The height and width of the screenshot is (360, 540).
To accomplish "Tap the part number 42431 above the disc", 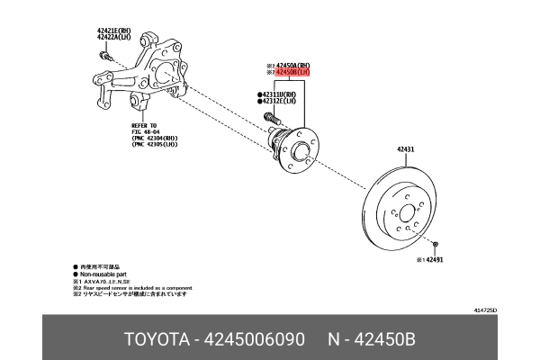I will point(405,149).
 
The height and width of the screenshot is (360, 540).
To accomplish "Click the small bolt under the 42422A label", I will point(104,55).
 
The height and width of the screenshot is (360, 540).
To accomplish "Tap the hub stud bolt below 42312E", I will point(269,117).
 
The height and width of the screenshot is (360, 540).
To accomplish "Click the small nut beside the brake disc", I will point(435,245).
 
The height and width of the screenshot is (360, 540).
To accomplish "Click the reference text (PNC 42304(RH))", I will point(157,138).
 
